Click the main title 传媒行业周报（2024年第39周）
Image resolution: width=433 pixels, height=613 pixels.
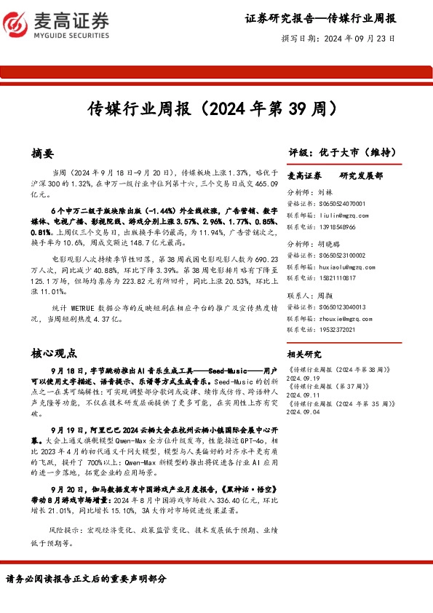click(x=216, y=110)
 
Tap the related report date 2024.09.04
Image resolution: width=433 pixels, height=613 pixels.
click(x=306, y=411)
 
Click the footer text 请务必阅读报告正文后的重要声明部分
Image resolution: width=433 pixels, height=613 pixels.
click(x=86, y=580)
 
